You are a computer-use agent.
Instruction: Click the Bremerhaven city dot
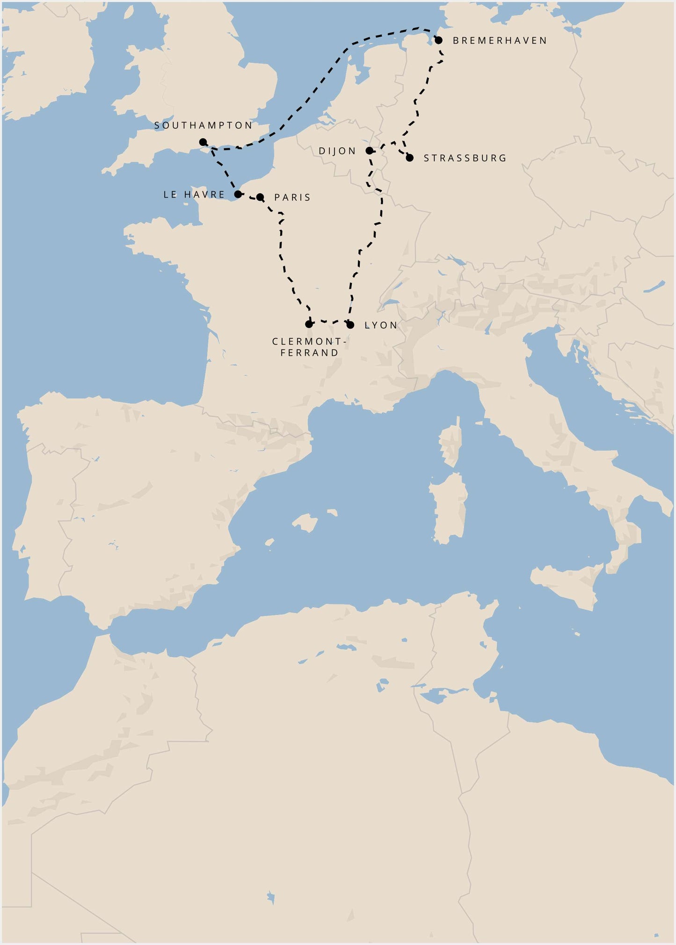439,40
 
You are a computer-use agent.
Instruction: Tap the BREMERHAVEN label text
500,41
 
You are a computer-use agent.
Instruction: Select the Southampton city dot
203,142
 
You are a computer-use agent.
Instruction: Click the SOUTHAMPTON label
204,125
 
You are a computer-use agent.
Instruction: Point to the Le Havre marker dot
238,194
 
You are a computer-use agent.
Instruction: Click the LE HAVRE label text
194,195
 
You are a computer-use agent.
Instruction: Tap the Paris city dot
260,197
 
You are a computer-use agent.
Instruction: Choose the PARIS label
292,197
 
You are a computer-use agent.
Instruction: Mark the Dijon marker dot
369,151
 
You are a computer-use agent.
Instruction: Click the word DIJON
337,151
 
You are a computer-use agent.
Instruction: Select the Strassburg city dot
410,158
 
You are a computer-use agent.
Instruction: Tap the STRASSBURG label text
465,158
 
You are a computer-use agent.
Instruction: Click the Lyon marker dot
350,325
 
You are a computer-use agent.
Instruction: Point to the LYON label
381,325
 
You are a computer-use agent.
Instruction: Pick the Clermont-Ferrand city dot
309,324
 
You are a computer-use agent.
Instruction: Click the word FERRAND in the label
309,353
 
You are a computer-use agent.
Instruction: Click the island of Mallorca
305,523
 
